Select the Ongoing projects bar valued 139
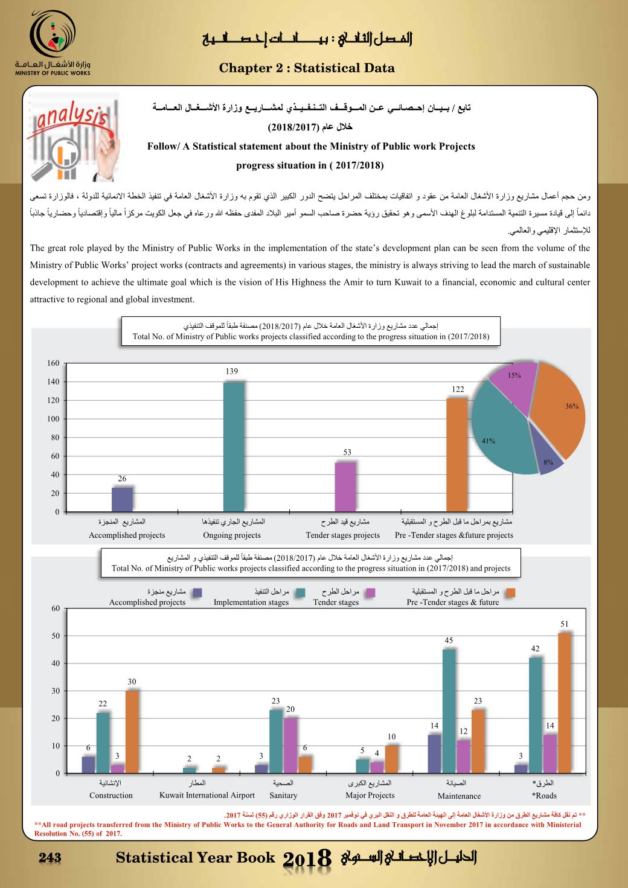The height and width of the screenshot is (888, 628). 233,447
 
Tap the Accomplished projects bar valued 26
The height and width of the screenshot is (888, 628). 123,499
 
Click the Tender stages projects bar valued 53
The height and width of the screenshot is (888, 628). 345,487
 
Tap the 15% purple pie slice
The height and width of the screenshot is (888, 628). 512,384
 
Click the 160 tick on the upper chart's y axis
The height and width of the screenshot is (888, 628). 53,363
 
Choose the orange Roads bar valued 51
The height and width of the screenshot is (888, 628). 564,703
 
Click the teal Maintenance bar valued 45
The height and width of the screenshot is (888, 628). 449,711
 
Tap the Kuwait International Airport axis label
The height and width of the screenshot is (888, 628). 207,795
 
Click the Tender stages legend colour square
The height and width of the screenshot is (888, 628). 370,593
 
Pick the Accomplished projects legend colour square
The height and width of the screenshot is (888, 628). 197,593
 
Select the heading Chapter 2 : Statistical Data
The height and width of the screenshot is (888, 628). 307,68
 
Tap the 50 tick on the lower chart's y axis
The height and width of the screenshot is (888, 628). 56,636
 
